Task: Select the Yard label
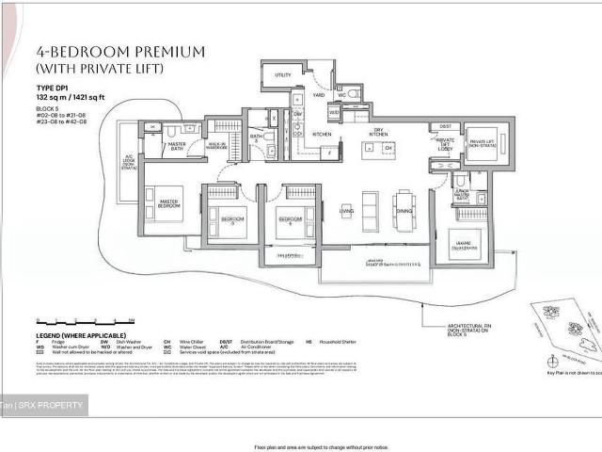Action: [x=319, y=94]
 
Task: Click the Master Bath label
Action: [x=176, y=146]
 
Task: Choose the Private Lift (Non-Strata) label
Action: [x=482, y=142]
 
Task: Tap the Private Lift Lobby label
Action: [x=446, y=143]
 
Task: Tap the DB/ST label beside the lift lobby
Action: [x=445, y=125]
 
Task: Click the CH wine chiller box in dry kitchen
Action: [x=387, y=148]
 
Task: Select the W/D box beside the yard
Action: [x=334, y=113]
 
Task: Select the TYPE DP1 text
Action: [x=54, y=89]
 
